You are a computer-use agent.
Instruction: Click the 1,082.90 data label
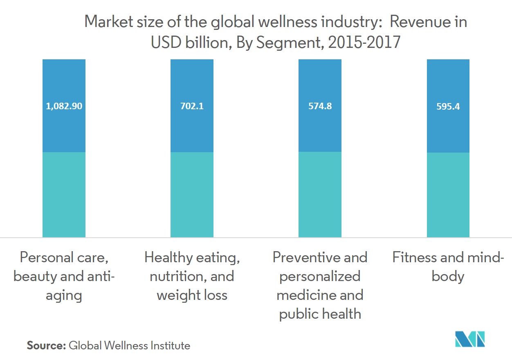(64, 106)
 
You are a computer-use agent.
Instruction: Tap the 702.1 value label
(192, 106)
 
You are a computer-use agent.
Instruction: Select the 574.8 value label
(320, 106)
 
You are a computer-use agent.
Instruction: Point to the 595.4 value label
(448, 106)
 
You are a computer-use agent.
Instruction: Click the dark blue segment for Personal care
(64, 131)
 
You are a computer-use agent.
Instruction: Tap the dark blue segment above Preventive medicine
(320, 131)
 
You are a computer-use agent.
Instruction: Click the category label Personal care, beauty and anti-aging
(64, 276)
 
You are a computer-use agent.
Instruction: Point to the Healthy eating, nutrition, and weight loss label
(192, 276)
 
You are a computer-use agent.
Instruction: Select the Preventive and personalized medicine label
(320, 286)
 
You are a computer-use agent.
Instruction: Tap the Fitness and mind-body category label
(448, 267)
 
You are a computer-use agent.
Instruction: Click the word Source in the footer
(46, 346)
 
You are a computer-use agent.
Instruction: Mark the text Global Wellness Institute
(130, 346)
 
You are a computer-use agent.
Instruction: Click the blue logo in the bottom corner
(470, 339)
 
